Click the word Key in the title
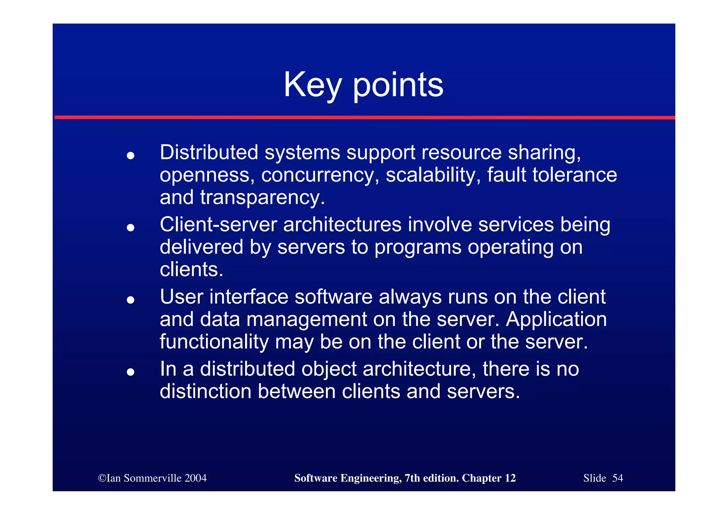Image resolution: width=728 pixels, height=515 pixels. [312, 85]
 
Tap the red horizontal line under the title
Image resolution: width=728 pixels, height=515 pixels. [364, 117]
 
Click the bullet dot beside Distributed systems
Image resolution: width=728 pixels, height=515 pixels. [130, 156]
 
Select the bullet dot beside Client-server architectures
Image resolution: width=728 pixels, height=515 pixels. [130, 228]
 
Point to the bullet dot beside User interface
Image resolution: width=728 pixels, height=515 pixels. [130, 300]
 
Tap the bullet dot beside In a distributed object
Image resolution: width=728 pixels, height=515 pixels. [130, 372]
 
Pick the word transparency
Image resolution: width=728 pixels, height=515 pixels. [262, 198]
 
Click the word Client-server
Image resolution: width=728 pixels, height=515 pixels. [218, 225]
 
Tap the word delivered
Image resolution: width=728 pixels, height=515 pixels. [201, 247]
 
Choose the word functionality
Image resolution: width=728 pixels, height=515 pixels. [214, 342]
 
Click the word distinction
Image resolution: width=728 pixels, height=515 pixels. [205, 391]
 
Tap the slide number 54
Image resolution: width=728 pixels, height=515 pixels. [617, 478]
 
